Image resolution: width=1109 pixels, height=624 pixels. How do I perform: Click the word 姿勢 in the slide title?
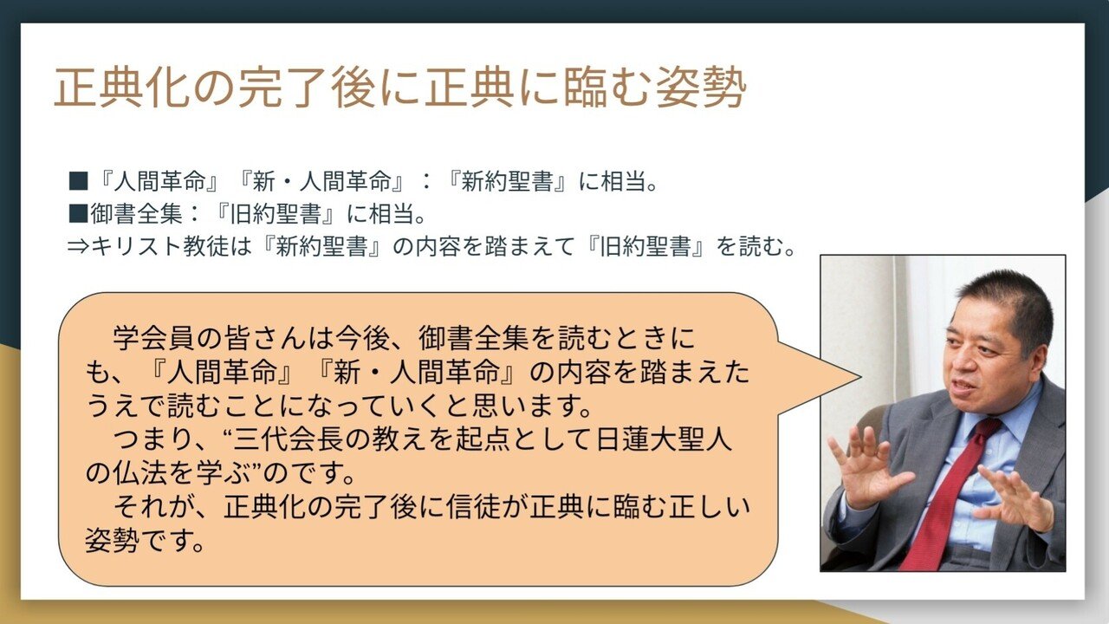pos(701,88)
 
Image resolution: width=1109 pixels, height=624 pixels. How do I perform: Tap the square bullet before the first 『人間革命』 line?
pos(79,182)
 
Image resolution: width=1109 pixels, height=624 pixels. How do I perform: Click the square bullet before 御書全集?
pos(79,213)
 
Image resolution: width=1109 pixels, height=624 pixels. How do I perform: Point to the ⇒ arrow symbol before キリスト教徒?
pos(78,246)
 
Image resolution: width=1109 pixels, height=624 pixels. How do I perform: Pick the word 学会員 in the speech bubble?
pos(155,339)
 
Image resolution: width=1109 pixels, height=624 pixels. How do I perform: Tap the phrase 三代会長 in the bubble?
pos(288,439)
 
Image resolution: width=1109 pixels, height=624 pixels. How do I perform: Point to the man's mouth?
pos(964,387)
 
